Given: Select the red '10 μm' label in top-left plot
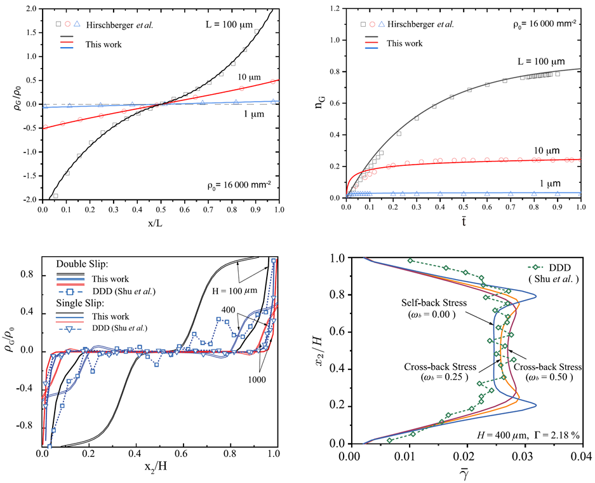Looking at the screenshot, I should (244, 76).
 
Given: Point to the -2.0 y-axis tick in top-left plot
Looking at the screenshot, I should (30, 199).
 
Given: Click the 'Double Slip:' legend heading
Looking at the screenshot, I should (82, 264).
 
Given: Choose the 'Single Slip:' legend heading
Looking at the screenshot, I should (81, 303).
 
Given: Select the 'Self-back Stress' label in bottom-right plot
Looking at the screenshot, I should (427, 303).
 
